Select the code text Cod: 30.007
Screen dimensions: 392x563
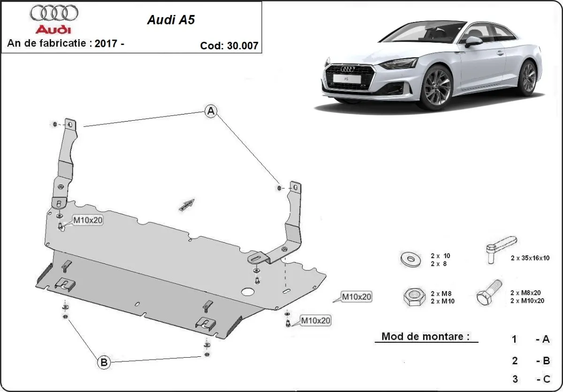pos(228,46)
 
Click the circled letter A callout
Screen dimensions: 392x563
pos(211,111)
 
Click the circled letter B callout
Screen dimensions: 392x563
pos(104,362)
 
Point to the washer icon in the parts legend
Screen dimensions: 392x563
pos(410,259)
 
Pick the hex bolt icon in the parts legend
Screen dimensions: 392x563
pos(488,292)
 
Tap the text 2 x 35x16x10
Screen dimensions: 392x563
pos(530,258)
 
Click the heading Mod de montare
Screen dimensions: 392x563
pos(425,336)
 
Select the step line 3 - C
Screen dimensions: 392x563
pos(530,378)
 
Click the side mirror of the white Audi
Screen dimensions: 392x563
pos(473,42)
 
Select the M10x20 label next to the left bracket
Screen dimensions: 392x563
pos(87,220)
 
